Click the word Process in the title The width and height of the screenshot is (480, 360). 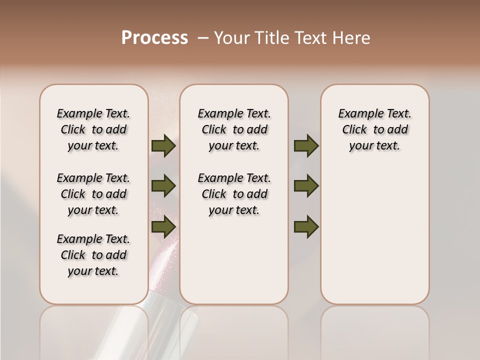click(154, 38)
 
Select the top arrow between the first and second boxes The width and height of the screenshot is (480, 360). click(163, 146)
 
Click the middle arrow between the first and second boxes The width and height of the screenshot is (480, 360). click(163, 186)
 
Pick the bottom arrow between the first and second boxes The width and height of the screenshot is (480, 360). click(163, 227)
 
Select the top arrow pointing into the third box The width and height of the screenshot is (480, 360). click(306, 146)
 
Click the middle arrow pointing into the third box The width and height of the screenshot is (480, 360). click(306, 186)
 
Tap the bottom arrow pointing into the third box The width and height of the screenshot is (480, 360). click(306, 227)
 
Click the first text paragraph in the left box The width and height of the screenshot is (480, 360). click(93, 129)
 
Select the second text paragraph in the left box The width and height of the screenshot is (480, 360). click(93, 194)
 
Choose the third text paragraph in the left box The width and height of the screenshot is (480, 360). click(93, 255)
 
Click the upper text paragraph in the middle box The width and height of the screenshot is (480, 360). click(234, 129)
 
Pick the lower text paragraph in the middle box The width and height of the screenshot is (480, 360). click(234, 194)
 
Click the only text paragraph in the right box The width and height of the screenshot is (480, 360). click(375, 129)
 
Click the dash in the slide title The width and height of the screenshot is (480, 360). click(203, 38)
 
